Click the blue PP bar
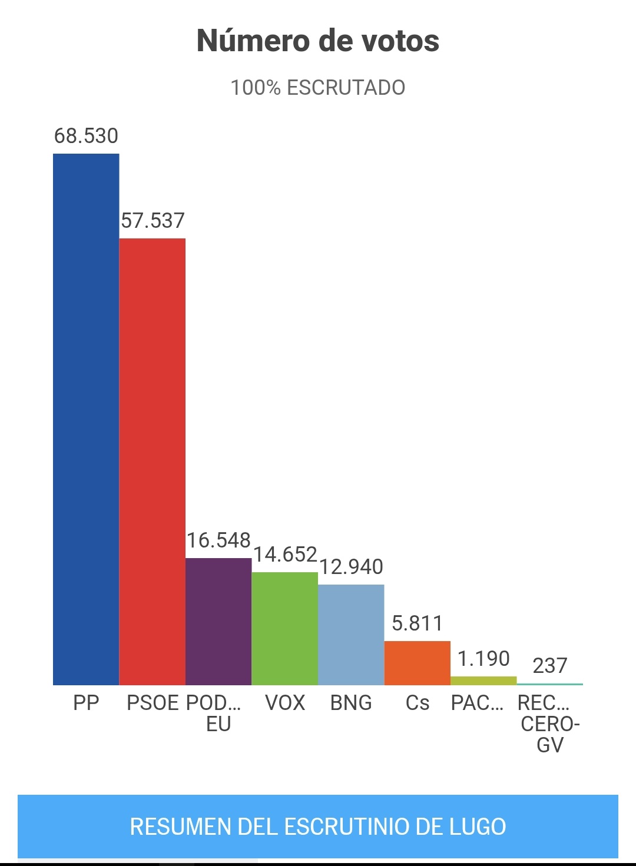click(x=86, y=419)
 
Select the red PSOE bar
click(x=153, y=462)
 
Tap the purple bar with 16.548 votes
click(x=218, y=621)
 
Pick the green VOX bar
click(x=285, y=628)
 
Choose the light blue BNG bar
click(x=351, y=635)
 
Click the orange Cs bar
click(x=418, y=663)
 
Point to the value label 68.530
click(x=86, y=136)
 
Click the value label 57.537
click(x=153, y=221)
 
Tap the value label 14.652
click(x=285, y=555)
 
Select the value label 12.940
click(x=351, y=567)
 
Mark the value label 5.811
click(x=417, y=623)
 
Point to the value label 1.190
click(x=483, y=659)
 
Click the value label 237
click(x=549, y=666)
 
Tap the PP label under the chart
click(x=86, y=703)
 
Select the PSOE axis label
click(x=153, y=703)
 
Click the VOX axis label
click(x=285, y=703)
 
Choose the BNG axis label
click(x=351, y=703)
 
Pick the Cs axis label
click(x=418, y=703)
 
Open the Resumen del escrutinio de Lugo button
click(x=318, y=827)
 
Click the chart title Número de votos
click(x=318, y=41)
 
